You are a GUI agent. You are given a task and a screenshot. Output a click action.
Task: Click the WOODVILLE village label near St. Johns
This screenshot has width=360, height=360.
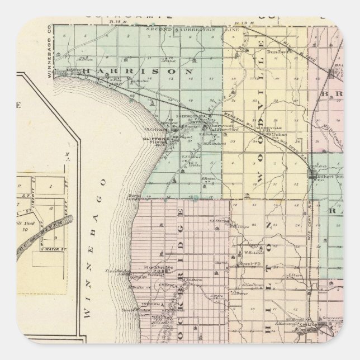(x=263, y=128)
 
